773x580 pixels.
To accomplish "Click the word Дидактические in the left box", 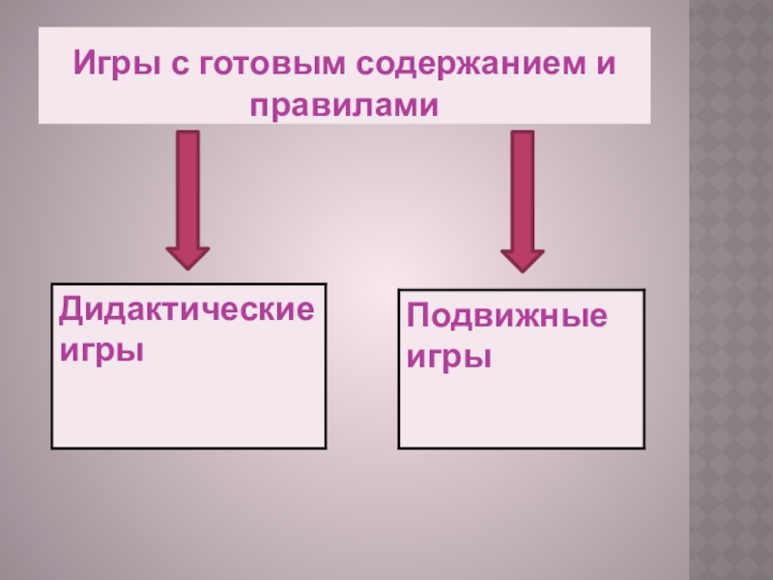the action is pyautogui.click(x=187, y=311).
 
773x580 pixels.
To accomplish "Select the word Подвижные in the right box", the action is pyautogui.click(x=507, y=317).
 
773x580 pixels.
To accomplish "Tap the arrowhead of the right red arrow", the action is pyautogui.click(x=522, y=258).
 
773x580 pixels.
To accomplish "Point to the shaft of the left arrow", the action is pyautogui.click(x=188, y=188).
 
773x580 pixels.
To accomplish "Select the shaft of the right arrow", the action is pyautogui.click(x=522, y=188).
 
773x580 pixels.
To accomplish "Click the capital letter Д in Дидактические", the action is pyautogui.click(x=71, y=311).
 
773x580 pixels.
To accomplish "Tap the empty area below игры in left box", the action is pyautogui.click(x=188, y=406).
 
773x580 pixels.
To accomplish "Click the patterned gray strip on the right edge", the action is pyautogui.click(x=731, y=290).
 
